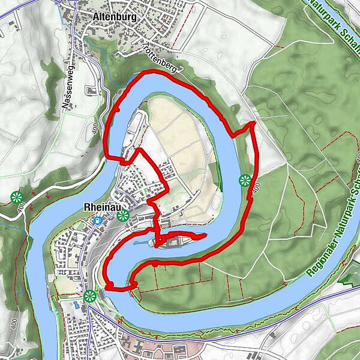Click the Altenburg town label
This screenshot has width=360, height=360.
click(x=115, y=17)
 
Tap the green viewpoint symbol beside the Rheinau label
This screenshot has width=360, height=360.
click(x=123, y=215)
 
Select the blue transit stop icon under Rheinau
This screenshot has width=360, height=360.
click(x=97, y=220)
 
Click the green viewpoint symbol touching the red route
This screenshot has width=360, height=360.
click(x=245, y=179)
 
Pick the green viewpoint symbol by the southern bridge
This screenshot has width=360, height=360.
click(x=90, y=295)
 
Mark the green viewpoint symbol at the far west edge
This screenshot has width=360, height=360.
click(x=16, y=197)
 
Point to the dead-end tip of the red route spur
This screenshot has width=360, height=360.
click(x=205, y=235)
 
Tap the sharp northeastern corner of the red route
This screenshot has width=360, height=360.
click(x=253, y=123)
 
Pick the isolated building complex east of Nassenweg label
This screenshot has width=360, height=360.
click(x=92, y=91)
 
